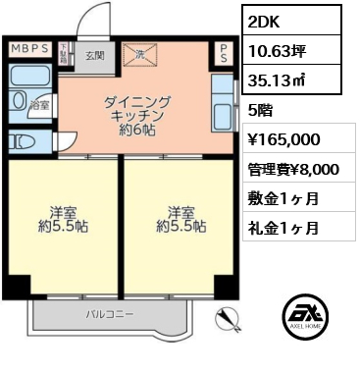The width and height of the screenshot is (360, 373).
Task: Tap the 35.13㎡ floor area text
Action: point(277,82)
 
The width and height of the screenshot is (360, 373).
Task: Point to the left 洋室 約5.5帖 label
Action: point(61,218)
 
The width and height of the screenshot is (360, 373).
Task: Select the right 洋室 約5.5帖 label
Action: point(180,218)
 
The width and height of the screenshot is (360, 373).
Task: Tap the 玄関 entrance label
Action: point(93,57)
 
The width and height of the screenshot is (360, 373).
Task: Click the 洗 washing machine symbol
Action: point(140,56)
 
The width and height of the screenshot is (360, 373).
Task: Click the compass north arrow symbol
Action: point(228,316)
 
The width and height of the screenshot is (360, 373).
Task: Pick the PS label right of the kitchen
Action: point(225,53)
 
